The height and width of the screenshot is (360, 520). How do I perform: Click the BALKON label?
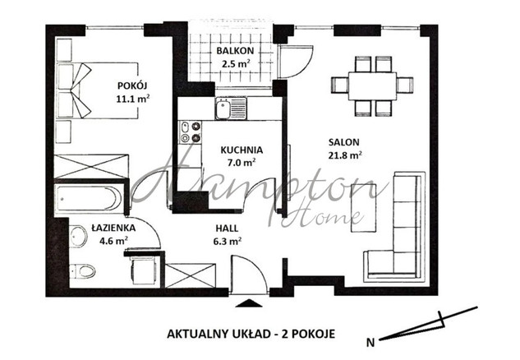pos(235,51)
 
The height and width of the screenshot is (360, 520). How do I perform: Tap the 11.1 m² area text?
pos(132,99)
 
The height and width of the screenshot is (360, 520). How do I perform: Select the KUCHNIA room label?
pos(242,150)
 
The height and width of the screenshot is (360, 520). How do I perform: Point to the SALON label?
pos(344,142)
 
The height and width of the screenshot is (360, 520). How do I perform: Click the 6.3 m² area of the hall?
pos(228,241)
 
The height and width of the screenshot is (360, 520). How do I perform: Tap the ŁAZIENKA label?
pos(113,228)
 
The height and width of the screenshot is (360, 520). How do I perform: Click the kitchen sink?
pos(231,108)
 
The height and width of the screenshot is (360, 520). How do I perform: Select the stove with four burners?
pos(191,132)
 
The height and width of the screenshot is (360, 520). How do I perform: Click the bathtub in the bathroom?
pos(89,198)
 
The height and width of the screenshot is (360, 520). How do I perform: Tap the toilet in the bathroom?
pos(83,271)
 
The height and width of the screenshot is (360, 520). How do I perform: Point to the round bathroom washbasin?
pos(79,237)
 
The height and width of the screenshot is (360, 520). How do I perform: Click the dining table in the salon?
pos(372,86)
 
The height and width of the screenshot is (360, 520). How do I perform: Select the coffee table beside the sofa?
pos(363,208)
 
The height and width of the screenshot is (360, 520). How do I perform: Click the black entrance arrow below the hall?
pos(248,303)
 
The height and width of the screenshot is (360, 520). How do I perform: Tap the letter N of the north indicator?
pos(370,343)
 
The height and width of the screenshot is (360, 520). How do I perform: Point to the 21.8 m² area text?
pos(345,155)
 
